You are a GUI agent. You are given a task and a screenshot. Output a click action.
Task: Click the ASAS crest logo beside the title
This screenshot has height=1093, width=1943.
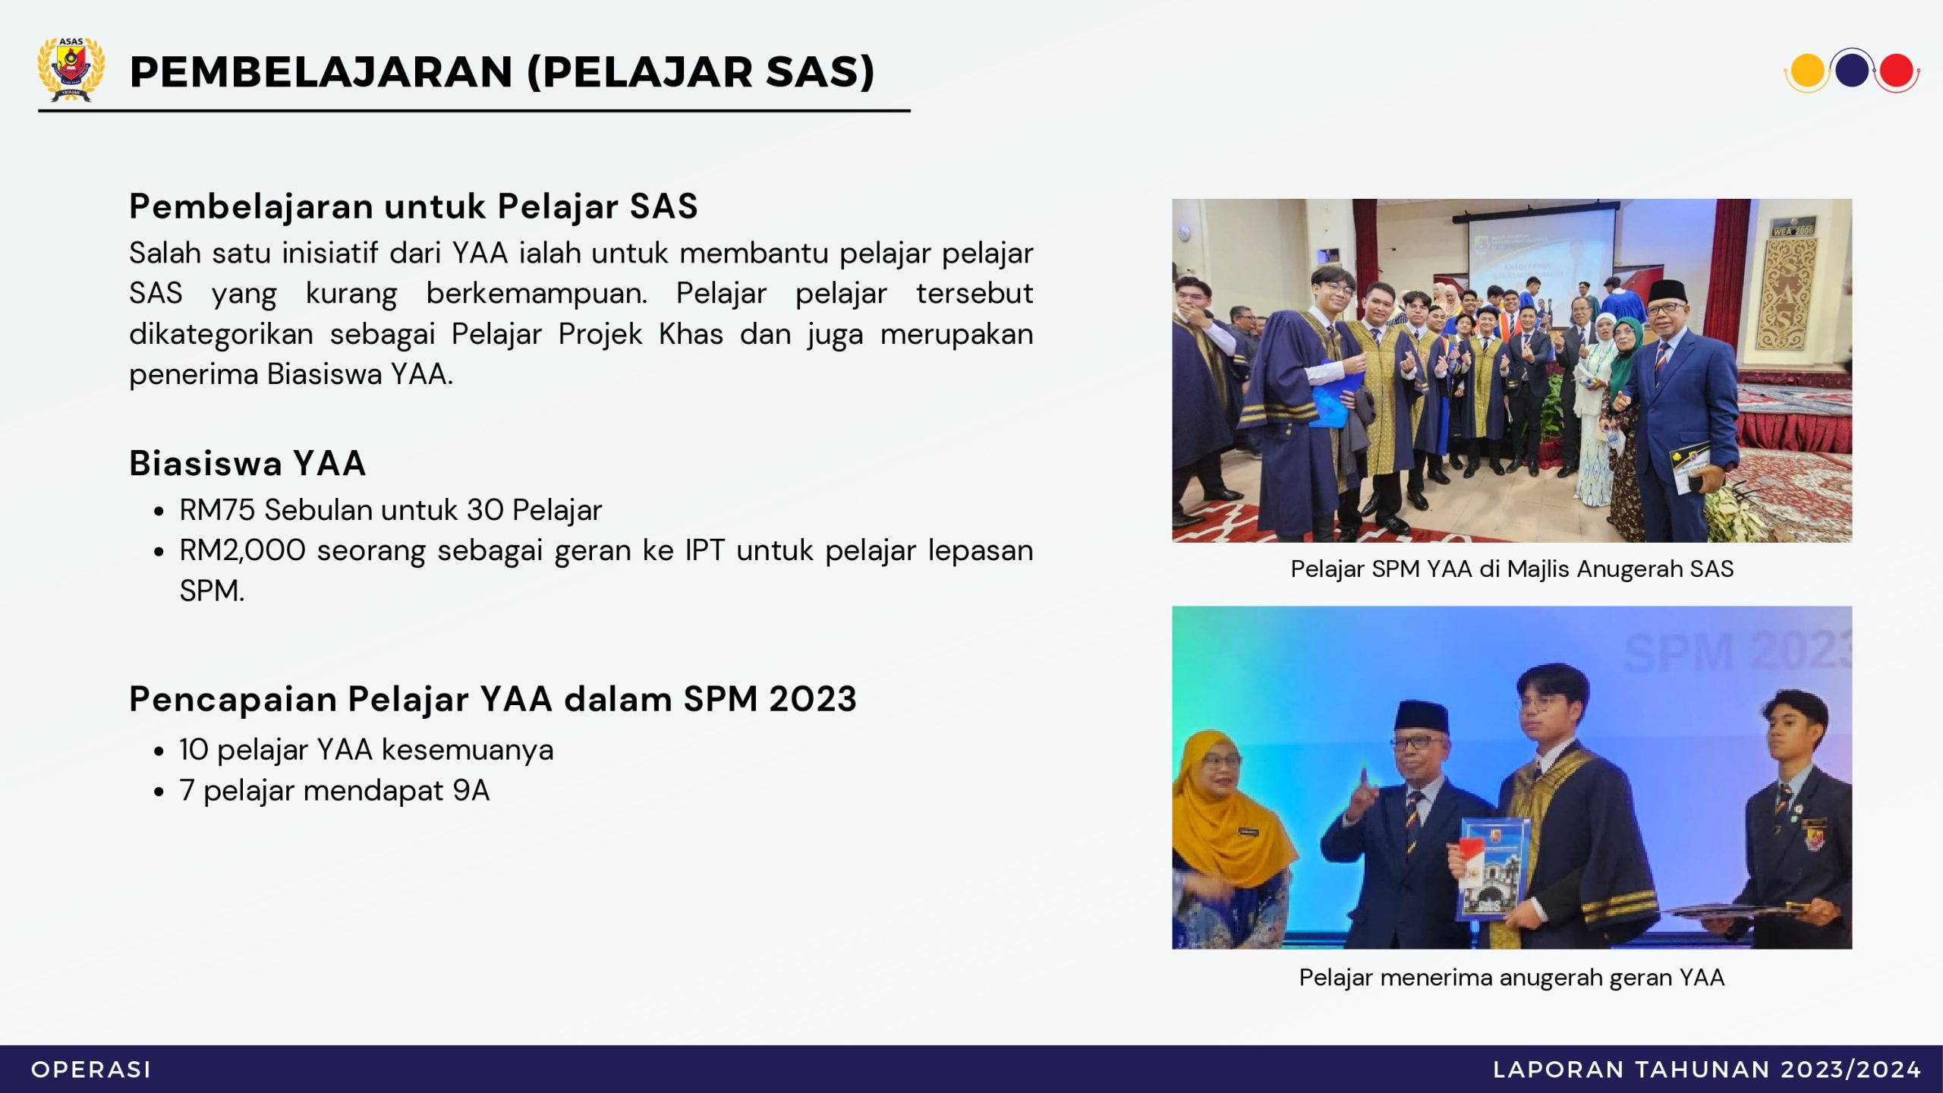[x=71, y=69]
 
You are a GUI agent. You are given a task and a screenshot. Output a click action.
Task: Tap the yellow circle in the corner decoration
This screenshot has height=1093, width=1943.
[x=1807, y=71]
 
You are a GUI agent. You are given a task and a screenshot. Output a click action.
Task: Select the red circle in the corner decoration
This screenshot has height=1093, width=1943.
[x=1896, y=71]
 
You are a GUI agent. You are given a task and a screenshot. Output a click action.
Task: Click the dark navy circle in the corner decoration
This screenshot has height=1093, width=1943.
[x=1852, y=69]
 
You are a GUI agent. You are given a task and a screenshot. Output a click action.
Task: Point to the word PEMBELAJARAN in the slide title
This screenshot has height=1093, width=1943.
[x=322, y=72]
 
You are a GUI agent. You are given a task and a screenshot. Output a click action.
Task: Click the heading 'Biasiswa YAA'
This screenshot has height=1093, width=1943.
[x=247, y=463]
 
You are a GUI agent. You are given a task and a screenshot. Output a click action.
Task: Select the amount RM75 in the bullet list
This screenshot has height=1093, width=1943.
[x=217, y=510]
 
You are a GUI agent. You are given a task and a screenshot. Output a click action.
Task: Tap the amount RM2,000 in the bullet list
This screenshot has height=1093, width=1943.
[x=242, y=551]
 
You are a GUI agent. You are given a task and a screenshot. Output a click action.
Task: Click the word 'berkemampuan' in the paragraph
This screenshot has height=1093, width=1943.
[x=537, y=294]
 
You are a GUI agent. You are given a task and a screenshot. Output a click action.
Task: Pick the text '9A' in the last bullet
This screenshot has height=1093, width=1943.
[x=471, y=791]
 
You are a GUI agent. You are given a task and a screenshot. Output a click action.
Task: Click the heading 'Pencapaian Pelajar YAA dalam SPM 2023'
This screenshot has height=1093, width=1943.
[x=493, y=699]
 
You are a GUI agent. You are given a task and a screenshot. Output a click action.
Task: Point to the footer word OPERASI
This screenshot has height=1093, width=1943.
[x=91, y=1069]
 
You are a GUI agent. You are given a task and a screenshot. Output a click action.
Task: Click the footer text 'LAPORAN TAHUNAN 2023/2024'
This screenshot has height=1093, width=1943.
[x=1706, y=1069]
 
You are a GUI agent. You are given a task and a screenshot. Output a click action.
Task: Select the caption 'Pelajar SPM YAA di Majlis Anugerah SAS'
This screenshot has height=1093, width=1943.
[x=1512, y=569]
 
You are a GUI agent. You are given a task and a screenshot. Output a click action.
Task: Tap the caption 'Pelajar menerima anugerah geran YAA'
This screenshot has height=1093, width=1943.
[x=1512, y=978]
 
